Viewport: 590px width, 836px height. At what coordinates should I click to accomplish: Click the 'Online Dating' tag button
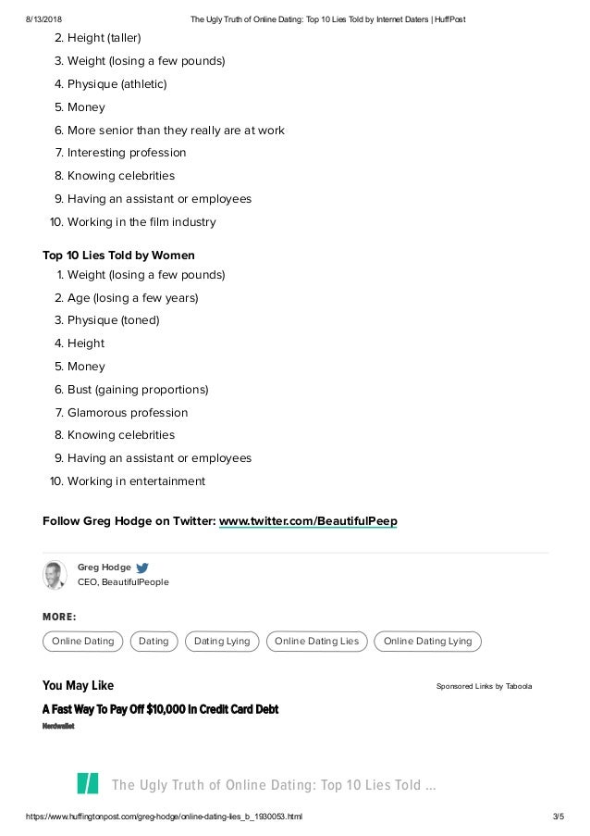(83, 641)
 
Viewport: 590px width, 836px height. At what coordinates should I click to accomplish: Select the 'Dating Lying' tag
(222, 641)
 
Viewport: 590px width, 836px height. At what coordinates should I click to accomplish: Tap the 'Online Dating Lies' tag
(316, 641)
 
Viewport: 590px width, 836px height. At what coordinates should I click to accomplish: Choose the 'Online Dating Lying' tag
(427, 641)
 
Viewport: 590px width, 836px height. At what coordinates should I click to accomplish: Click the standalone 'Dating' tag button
(154, 641)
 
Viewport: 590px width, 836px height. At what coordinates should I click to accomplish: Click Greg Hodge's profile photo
(55, 575)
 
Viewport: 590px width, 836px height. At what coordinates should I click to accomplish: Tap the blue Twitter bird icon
(141, 568)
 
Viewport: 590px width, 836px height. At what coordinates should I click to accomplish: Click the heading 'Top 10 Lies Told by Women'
(118, 255)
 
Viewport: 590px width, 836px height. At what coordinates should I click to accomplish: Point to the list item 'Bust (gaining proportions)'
(138, 390)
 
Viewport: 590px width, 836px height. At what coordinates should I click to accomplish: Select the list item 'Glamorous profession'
(128, 413)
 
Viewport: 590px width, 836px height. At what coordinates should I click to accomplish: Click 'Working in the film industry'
(141, 222)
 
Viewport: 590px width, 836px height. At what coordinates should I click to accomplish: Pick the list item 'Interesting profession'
(127, 153)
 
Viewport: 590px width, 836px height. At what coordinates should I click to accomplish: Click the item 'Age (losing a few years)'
(132, 298)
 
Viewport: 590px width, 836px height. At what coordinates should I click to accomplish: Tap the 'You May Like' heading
(79, 686)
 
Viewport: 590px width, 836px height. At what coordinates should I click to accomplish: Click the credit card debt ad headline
(160, 709)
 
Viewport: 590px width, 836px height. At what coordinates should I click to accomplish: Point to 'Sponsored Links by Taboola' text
(484, 687)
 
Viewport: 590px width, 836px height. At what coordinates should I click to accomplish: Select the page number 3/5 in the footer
(557, 817)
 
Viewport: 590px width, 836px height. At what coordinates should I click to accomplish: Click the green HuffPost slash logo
(88, 783)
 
